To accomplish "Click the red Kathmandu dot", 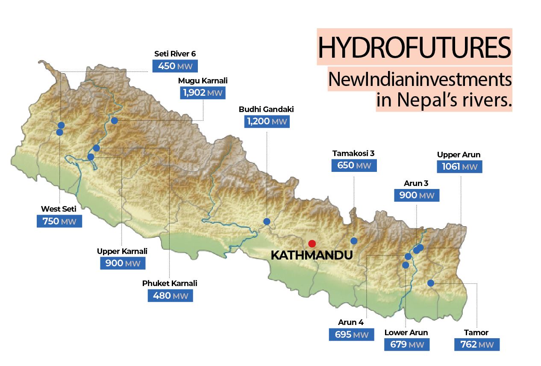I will (312, 243).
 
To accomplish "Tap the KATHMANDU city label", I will (312, 255).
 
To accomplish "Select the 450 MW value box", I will (175, 66).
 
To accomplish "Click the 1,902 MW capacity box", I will (203, 93).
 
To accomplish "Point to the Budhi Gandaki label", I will (266, 109).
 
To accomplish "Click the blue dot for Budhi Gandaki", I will (267, 221).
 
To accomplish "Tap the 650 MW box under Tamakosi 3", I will (354, 165).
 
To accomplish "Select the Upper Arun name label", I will (459, 155).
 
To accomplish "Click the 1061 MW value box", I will (459, 166).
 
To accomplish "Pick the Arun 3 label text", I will (416, 183).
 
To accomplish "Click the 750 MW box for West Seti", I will (59, 221).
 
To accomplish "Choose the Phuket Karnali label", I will (170, 283).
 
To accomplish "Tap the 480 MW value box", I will (170, 295).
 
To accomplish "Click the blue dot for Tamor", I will (430, 283).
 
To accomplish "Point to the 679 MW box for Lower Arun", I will (406, 345).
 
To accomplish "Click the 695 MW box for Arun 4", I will (351, 334).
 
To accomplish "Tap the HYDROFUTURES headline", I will (414, 47).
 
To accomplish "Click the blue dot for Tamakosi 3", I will (353, 241).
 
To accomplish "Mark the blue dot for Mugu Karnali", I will (114, 121).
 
